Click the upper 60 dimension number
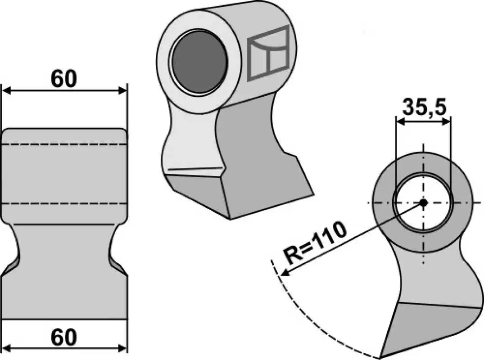pyautogui.click(x=63, y=79)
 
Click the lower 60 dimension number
pyautogui.click(x=63, y=337)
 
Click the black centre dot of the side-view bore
pyautogui.click(x=424, y=202)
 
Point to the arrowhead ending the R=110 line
pyautogui.click(x=285, y=271)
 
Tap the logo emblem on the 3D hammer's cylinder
pyautogui.click(x=268, y=54)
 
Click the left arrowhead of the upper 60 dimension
pyautogui.click(x=7, y=91)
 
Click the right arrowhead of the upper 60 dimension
pyautogui.click(x=122, y=91)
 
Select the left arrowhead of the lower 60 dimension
pyautogui.click(x=7, y=349)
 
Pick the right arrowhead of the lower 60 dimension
pyautogui.click(x=122, y=349)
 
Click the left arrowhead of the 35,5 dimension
pyautogui.click(x=401, y=122)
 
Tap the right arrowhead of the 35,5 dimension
pyautogui.click(x=446, y=122)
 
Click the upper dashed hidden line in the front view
pyautogui.click(x=64, y=144)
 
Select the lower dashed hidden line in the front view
pyautogui.click(x=64, y=203)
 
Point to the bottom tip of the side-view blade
pyautogui.click(x=380, y=358)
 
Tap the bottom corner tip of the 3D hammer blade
pyautogui.click(x=230, y=219)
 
